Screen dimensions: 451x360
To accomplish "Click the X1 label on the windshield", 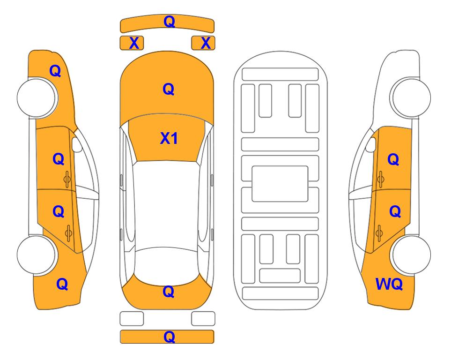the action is point(169,138).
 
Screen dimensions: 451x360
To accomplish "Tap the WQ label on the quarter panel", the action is point(389,284).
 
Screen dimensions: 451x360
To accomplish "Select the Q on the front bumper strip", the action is point(169,21).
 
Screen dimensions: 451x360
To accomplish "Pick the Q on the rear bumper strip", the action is point(169,337).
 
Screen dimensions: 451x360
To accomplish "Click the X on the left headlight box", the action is point(134,43).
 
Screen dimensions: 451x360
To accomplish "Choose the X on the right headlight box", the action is point(206,43).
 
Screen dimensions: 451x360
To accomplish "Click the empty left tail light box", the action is point(132,319).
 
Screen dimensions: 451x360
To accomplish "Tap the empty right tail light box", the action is point(203,319).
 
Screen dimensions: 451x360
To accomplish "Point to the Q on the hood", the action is point(169,89).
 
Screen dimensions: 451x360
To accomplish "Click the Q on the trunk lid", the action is point(169,292).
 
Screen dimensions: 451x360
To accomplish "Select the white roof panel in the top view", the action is point(167,206).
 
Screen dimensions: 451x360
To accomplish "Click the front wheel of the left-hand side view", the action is point(37,98).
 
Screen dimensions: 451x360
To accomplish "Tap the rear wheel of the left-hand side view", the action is point(37,255).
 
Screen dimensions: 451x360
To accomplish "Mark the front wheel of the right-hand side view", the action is point(411,97).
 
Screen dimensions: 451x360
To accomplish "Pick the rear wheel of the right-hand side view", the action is point(411,255).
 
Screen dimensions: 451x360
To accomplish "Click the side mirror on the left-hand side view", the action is point(76,144).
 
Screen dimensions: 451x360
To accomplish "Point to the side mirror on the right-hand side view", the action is point(371,144).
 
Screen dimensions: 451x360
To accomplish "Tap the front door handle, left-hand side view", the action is point(67,179).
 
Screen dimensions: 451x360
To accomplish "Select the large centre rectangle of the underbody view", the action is point(280,184).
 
